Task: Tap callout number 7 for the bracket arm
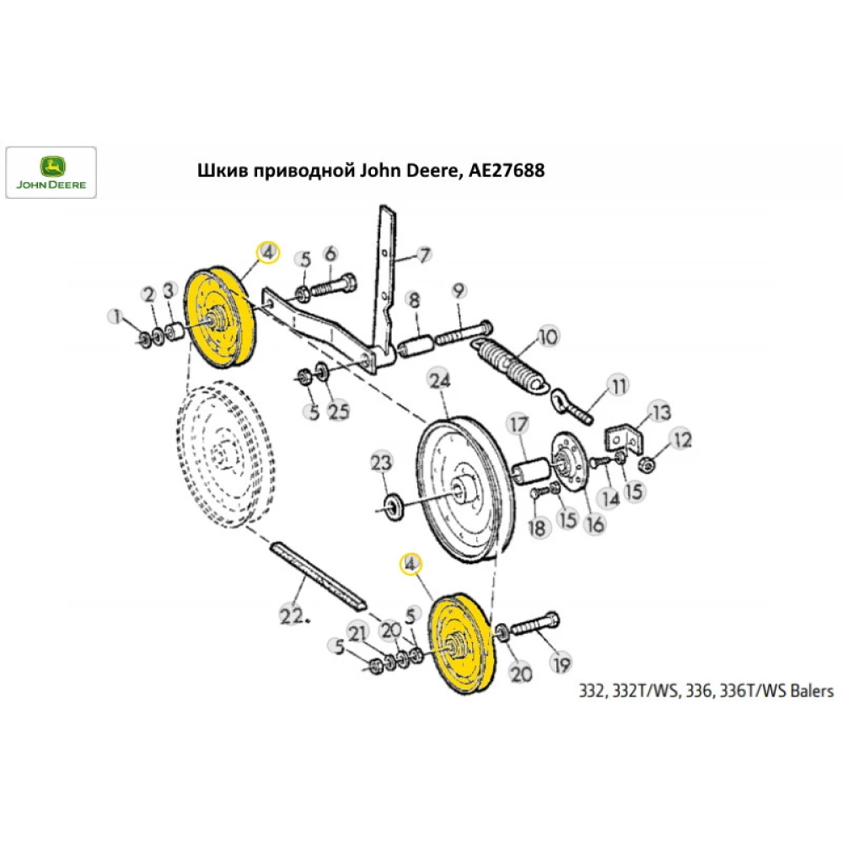(424, 254)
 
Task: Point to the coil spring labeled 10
(513, 362)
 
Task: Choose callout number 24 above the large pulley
(438, 381)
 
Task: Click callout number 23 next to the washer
(381, 463)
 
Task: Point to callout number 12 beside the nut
(680, 439)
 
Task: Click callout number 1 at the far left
(115, 317)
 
